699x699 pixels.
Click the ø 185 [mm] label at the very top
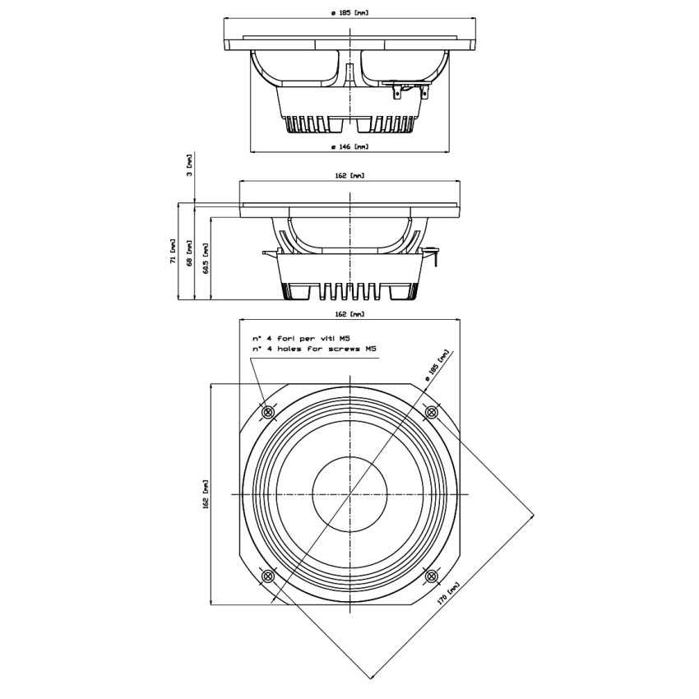349,12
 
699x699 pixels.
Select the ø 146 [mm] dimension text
349,146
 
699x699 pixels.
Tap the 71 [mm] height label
173,251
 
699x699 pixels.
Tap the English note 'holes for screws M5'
315,349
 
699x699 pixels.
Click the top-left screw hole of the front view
267,412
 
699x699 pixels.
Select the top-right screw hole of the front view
430,412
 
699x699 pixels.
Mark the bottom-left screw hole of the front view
267,576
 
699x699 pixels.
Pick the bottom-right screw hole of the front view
430,576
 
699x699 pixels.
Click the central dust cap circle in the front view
349,493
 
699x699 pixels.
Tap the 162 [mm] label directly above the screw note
349,314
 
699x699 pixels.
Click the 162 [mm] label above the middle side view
349,176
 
